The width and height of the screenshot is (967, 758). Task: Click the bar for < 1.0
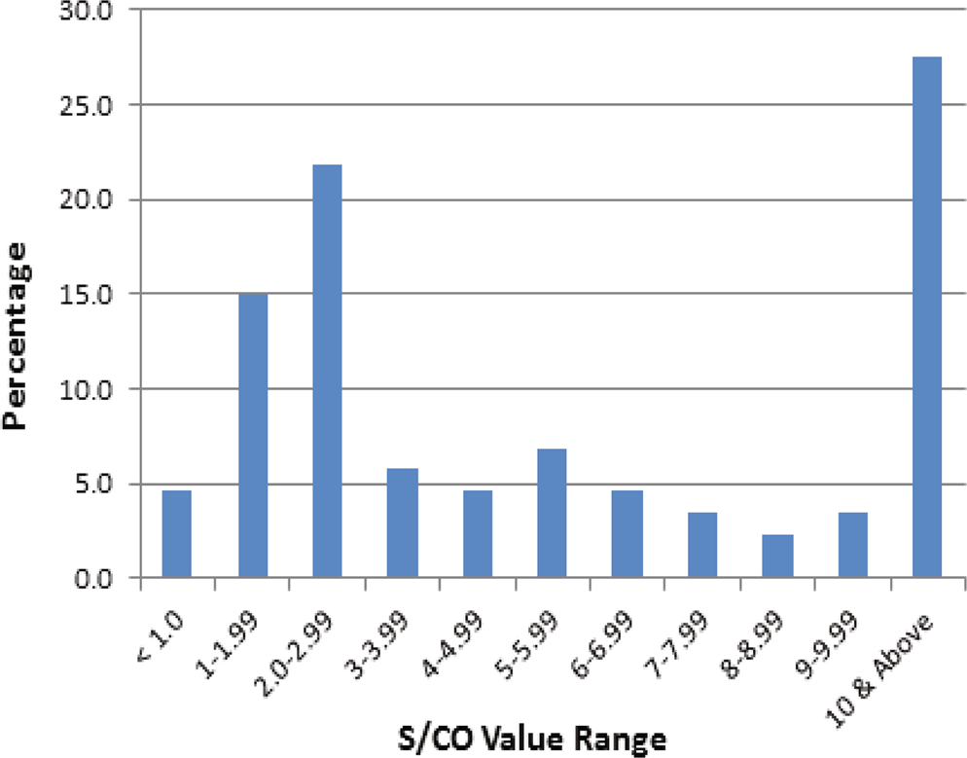tap(176, 535)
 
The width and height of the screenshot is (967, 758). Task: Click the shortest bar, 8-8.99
tap(777, 557)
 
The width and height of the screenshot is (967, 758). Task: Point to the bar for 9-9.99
tap(852, 546)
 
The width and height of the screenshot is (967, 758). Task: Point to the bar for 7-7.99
tap(702, 546)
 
